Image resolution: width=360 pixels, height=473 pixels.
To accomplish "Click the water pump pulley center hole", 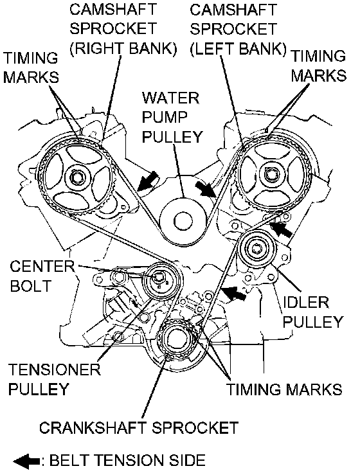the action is click(183, 221).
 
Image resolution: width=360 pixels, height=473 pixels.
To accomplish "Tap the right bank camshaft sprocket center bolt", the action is click(77, 177).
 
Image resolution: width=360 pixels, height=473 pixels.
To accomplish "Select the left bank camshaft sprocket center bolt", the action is click(269, 175).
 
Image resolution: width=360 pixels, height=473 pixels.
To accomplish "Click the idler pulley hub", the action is click(256, 249).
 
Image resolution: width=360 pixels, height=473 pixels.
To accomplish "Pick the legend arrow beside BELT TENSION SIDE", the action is click(26, 461).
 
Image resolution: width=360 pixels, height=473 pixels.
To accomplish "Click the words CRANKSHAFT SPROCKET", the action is click(139, 427).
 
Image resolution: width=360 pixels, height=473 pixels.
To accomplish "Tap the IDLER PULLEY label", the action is click(312, 312).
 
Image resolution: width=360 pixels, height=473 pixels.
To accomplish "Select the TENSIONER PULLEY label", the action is click(54, 379).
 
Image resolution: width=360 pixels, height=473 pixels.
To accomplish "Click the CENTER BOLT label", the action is click(42, 276).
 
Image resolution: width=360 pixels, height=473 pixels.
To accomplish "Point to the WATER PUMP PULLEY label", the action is click(172, 118).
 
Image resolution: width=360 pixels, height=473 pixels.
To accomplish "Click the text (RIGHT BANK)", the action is click(123, 48).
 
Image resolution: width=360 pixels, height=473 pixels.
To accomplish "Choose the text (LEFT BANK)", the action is click(238, 48).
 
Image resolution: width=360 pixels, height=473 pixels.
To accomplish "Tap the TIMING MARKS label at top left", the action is click(31, 67).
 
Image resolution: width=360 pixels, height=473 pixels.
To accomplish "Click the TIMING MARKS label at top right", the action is click(319, 66).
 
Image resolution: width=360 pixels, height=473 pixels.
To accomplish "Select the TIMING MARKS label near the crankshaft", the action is click(284, 389).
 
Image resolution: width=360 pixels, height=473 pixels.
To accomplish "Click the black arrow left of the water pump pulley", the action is click(148, 181).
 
